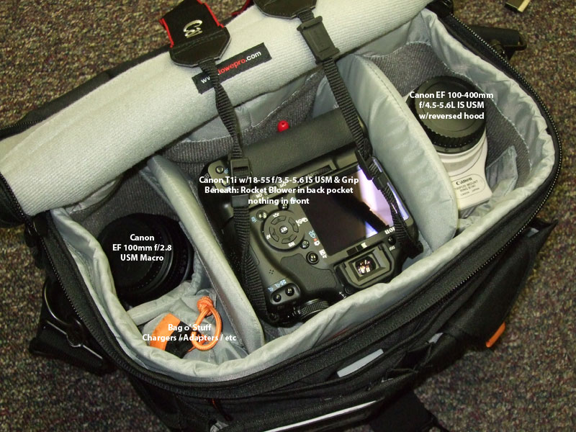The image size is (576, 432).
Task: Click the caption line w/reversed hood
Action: (x=450, y=117)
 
